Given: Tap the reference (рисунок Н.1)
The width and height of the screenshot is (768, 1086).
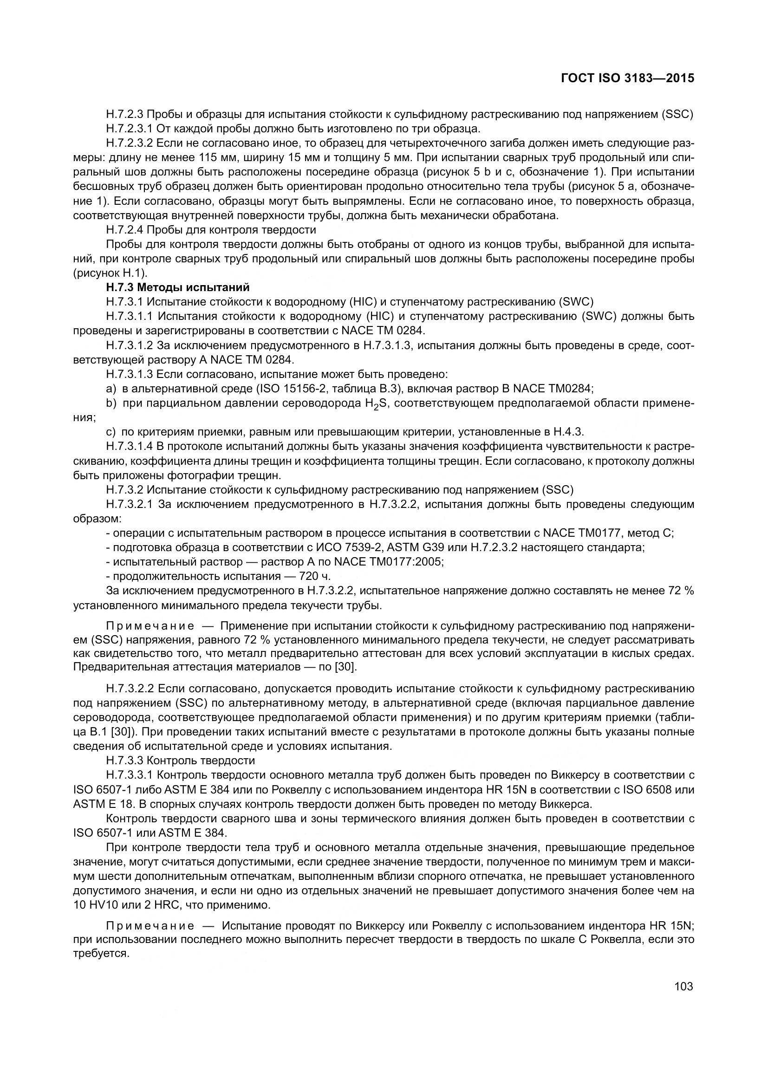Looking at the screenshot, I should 110,273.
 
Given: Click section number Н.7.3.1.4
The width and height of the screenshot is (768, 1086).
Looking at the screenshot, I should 129,447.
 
